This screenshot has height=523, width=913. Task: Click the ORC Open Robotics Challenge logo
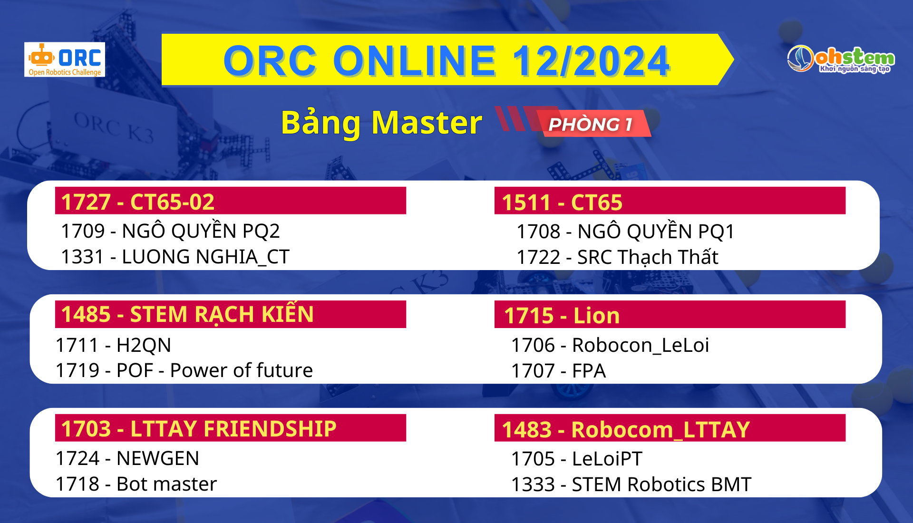65,60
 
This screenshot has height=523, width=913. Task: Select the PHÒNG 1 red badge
591,124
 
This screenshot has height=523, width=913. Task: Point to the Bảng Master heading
381,123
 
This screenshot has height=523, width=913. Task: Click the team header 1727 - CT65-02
138,202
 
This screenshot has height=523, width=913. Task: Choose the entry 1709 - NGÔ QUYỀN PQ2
170,231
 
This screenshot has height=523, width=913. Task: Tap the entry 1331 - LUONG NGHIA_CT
175,257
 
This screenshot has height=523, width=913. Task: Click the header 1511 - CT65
562,202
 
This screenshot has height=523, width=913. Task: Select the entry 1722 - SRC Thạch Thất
617,257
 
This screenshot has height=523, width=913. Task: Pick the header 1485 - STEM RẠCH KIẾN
187,314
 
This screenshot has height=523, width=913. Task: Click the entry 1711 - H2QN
113,345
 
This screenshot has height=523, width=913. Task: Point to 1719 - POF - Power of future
184,370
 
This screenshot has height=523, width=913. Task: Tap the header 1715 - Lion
562,316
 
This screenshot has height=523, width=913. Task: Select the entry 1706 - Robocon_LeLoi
610,345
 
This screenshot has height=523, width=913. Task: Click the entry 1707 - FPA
558,371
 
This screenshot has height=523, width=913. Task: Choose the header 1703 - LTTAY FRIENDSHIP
199,428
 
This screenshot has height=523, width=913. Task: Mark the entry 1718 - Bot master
136,484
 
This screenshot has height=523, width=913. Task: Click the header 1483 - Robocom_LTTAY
626,429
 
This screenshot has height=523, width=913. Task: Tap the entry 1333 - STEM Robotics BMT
631,484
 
